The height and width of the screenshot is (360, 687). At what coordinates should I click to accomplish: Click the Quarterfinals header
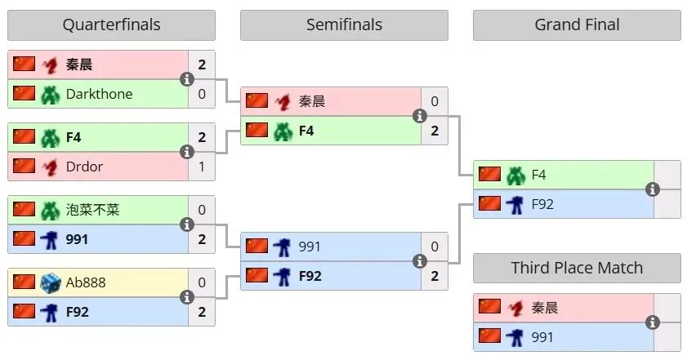pos(111,24)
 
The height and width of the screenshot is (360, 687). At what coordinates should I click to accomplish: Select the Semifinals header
pos(344,24)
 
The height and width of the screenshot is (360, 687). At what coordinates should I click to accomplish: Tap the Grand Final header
pos(577,24)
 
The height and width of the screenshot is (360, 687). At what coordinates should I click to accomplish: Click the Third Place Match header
pos(577,268)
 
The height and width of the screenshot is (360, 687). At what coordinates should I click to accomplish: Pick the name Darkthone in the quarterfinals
pos(99,94)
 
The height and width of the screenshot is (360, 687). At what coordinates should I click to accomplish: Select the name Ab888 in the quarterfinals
pos(86,282)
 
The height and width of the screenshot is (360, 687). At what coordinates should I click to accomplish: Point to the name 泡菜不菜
pos(92,210)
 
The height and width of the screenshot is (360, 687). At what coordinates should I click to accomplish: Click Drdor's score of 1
pos(202,167)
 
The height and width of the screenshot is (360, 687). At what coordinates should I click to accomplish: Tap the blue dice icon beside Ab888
pos(51,282)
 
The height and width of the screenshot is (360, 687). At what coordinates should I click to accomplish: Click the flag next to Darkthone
pos(24,94)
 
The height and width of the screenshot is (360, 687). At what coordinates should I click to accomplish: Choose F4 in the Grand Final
pos(538,175)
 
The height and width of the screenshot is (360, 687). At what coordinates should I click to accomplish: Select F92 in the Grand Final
pos(542,204)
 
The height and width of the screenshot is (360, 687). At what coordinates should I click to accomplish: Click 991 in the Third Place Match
pos(542,337)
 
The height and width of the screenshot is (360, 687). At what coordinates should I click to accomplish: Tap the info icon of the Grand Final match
pos(653,189)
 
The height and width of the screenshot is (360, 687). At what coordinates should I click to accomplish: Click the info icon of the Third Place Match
pos(653,322)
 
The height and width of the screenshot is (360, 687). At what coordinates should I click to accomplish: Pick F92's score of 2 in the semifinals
pos(435,276)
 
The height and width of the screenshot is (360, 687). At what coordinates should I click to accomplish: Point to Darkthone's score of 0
pos(202,94)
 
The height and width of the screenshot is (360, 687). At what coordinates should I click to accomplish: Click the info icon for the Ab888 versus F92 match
pos(187,297)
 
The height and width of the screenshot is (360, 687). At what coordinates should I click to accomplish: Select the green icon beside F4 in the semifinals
pos(283,131)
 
